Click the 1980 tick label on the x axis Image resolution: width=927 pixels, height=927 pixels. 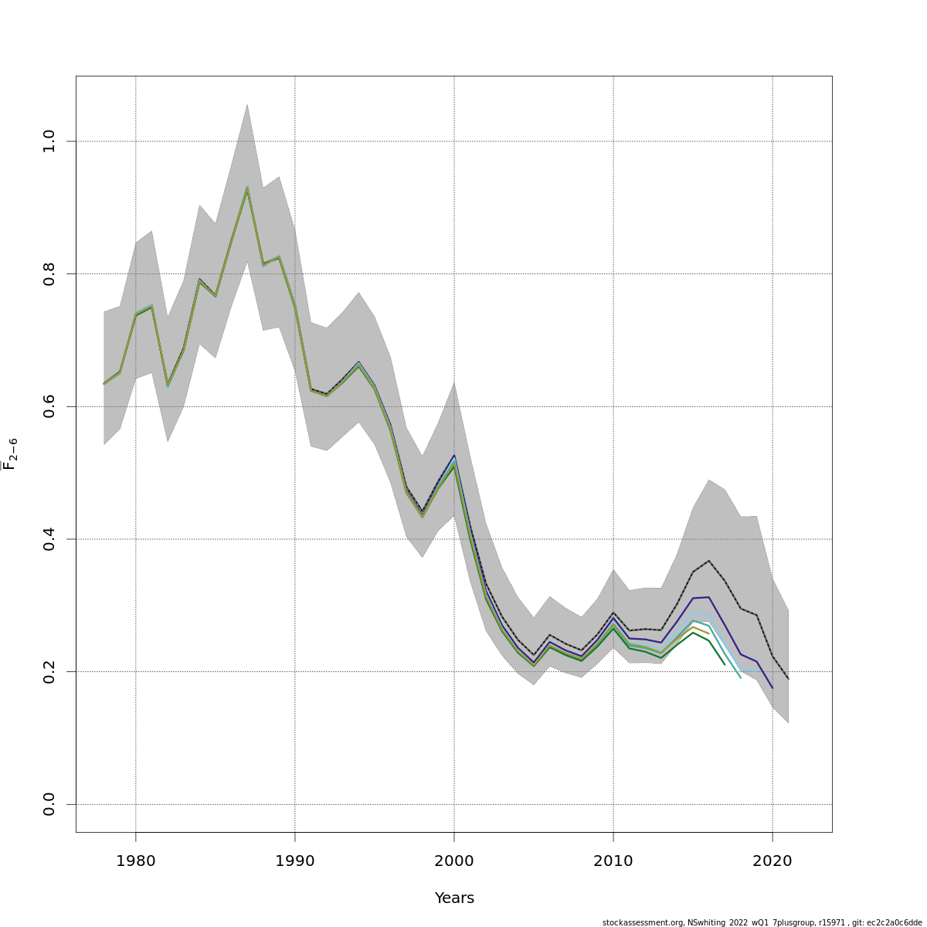136,861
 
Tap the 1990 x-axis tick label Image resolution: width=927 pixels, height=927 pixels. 295,861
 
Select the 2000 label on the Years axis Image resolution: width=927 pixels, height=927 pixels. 454,861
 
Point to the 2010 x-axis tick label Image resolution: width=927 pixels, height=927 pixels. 613,861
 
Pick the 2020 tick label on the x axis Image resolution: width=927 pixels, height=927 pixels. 772,861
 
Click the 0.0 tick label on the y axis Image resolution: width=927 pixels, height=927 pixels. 49,804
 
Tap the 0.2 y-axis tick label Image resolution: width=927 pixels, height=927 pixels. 49,671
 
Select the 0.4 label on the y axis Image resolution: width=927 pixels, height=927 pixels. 49,538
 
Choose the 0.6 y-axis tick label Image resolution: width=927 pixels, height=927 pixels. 49,406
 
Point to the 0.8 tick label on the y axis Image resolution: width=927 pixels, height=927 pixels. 49,273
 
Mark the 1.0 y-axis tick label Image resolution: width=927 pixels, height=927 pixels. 49,141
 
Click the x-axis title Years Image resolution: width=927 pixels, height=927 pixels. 454,898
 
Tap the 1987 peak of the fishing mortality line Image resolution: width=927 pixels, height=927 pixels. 247,188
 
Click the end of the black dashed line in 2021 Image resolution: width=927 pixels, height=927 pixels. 788,679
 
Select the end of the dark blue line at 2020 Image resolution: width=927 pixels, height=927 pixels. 772,688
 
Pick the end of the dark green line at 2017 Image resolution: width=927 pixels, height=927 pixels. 725,664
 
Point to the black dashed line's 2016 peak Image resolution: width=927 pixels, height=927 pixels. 708,561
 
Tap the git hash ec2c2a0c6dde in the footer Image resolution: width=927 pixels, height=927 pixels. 895,922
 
